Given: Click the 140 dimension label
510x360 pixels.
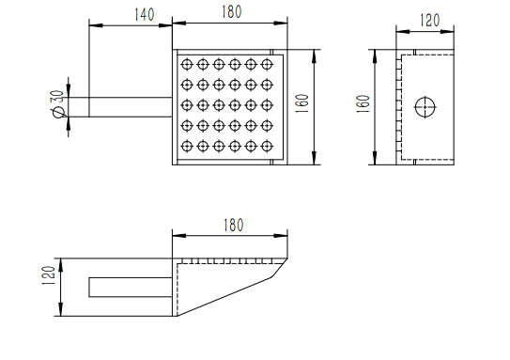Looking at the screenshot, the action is [145, 15].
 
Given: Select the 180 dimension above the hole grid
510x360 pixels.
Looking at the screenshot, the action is [232, 12].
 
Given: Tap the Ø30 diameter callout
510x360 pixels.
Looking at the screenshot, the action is [57, 103].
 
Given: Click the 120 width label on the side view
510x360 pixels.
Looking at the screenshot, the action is [429, 20].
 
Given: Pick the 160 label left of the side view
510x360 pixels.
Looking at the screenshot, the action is [363, 103].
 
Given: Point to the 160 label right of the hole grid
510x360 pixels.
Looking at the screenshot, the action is [302, 103].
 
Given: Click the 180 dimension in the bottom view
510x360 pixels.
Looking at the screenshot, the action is [233, 226].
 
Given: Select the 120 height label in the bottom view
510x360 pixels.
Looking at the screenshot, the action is [49, 275].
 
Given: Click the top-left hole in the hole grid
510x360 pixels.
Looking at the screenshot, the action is [187, 64].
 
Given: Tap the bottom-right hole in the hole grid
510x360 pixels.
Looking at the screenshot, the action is [267, 146].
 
